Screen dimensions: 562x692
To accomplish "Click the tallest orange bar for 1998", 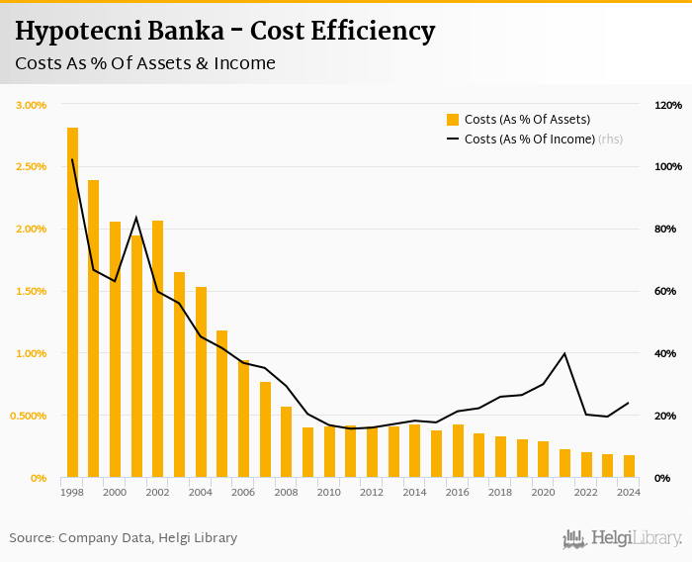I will pyautogui.click(x=72, y=302).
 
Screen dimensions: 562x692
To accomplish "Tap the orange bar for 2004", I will pyautogui.click(x=201, y=382).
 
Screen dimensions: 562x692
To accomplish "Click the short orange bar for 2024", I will pyautogui.click(x=629, y=466).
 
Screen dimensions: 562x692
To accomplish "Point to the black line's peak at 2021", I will pyautogui.click(x=564, y=353).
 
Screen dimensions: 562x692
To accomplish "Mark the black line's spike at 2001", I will pyautogui.click(x=136, y=218).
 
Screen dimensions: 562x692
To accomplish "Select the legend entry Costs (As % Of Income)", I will pyautogui.click(x=529, y=140).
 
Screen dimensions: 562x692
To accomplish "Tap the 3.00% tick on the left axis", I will pyautogui.click(x=32, y=105).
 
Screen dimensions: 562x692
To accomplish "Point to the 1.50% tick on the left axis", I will pyautogui.click(x=32, y=291).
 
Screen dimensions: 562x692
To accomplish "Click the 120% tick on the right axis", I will pyautogui.click(x=668, y=105).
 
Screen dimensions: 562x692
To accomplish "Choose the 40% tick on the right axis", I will pyautogui.click(x=665, y=353).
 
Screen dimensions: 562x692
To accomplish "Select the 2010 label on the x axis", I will pyautogui.click(x=328, y=492).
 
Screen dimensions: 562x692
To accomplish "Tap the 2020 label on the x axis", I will pyautogui.click(x=543, y=492).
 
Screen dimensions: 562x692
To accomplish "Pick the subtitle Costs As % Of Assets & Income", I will pyautogui.click(x=145, y=63).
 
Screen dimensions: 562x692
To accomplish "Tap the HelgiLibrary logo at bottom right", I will pyautogui.click(x=622, y=538).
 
